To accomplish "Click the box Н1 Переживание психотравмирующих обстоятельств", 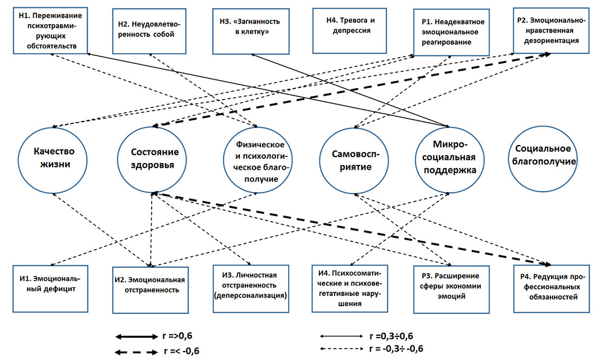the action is (51, 30).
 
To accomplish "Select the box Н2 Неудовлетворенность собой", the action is (149, 31).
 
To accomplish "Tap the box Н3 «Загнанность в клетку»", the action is (251, 31).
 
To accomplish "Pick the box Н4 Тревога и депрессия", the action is (350, 30).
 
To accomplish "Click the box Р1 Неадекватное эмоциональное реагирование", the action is (451, 33).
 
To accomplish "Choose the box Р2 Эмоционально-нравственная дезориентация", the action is (551, 30).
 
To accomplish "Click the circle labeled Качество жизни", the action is (53, 160).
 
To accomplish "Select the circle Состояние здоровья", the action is (152, 159).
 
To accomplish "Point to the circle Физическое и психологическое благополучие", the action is (258, 160).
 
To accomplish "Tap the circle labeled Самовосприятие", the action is (354, 161).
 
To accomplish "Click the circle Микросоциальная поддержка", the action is (449, 160).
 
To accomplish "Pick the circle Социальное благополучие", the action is (543, 159).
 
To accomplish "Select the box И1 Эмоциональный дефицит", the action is (51, 289).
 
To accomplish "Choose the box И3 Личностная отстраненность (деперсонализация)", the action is (251, 289).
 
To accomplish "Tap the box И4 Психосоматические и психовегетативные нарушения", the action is (350, 289).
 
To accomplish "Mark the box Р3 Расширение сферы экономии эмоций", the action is (451, 289).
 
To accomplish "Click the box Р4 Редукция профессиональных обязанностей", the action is (551, 289).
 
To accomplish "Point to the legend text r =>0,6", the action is (177, 336).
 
